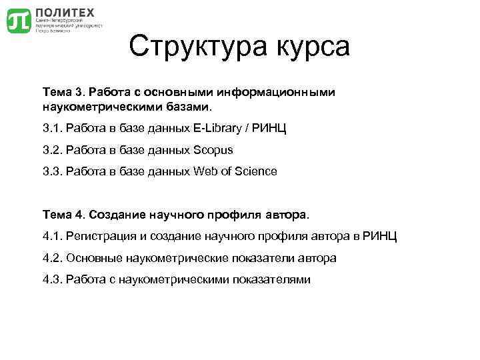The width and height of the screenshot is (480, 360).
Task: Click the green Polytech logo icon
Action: [18, 21]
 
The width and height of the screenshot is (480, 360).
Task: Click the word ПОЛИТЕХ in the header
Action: [64, 12]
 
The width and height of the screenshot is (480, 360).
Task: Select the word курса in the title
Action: [312, 47]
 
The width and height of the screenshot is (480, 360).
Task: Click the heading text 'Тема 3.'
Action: [62, 91]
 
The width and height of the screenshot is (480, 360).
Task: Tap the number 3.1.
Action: [51, 128]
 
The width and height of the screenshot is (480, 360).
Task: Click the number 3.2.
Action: [51, 150]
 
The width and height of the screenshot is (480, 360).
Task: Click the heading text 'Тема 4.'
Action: [62, 215]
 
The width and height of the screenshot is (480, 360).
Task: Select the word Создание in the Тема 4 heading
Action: [115, 215]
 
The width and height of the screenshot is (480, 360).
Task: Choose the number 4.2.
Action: [51, 258]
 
